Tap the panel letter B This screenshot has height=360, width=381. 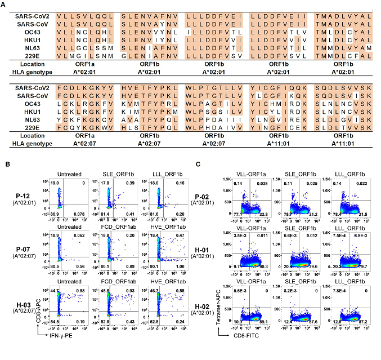[6, 165]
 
